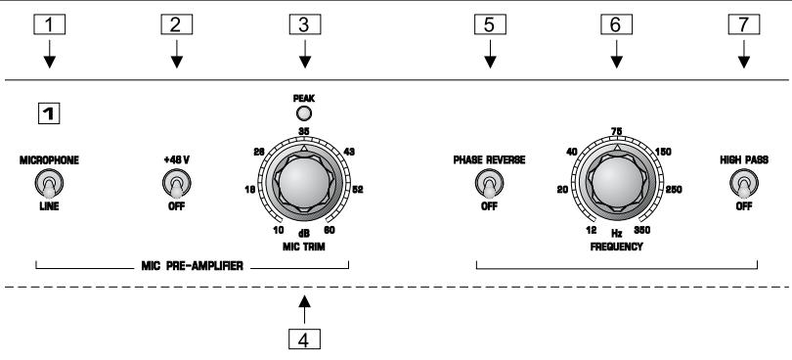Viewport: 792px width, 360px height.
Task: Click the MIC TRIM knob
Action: [x=307, y=183]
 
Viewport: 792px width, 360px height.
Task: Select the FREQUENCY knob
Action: [x=615, y=183]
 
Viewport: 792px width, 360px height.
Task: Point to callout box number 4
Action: [x=307, y=341]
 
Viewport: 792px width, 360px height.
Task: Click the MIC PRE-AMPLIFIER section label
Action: [x=192, y=264]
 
